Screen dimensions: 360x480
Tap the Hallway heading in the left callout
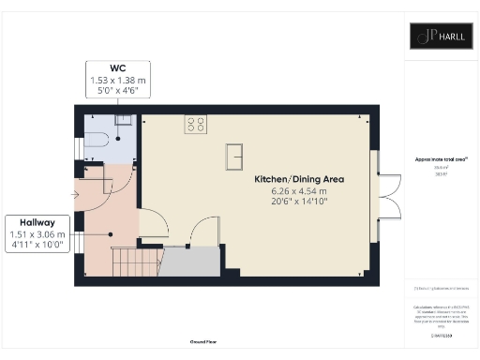pos(36,222)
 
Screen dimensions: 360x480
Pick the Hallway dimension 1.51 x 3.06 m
pos(36,234)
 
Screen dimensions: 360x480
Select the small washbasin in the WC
pos(121,121)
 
